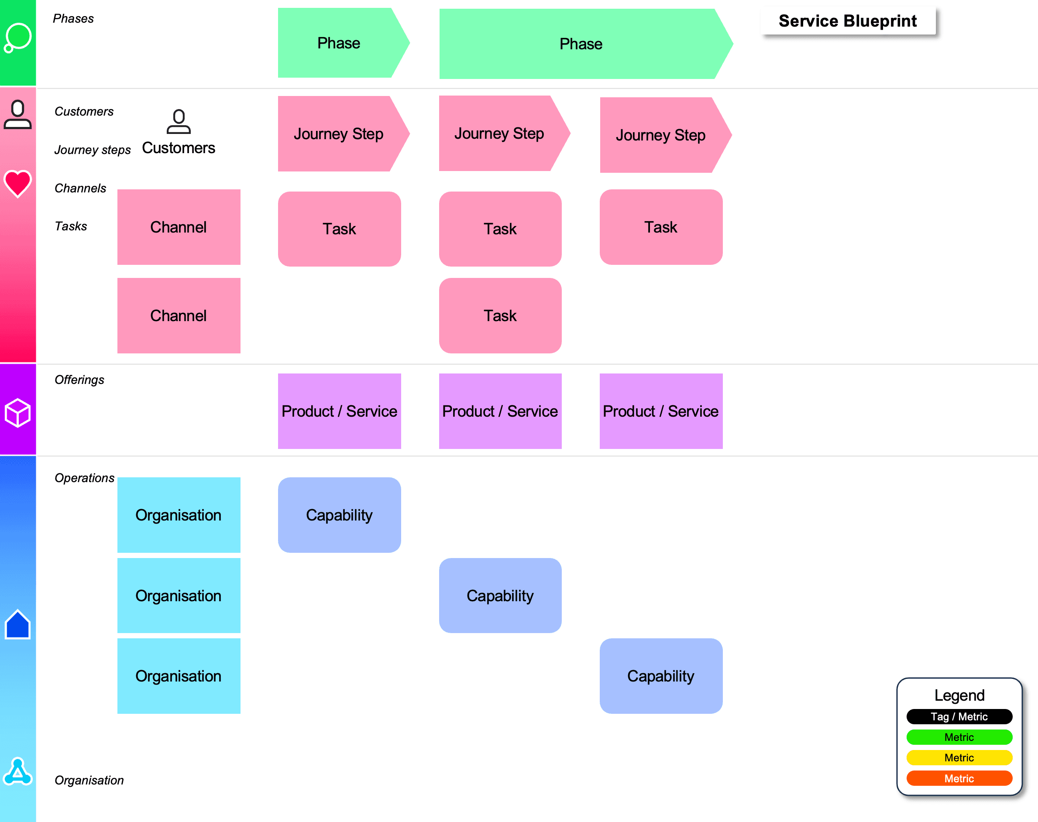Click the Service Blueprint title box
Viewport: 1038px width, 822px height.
pyautogui.click(x=848, y=21)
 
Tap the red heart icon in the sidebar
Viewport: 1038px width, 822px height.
pyautogui.click(x=18, y=183)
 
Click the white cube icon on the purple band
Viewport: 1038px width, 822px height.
pyautogui.click(x=18, y=412)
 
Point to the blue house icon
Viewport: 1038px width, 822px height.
pyautogui.click(x=18, y=624)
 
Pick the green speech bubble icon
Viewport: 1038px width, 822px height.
pyautogui.click(x=18, y=38)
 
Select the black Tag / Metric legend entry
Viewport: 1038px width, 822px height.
pyautogui.click(x=959, y=716)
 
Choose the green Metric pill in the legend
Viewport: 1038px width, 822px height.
pyautogui.click(x=959, y=737)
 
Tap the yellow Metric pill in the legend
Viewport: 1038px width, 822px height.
pyautogui.click(x=959, y=757)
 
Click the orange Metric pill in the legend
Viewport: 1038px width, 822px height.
pyautogui.click(x=959, y=778)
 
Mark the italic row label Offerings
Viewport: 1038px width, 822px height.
pyautogui.click(x=79, y=380)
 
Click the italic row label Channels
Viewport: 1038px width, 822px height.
pyautogui.click(x=80, y=188)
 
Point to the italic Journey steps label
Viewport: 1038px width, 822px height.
pyautogui.click(x=93, y=150)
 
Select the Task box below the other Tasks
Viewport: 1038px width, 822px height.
pyautogui.click(x=500, y=316)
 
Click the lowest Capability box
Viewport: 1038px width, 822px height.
pyautogui.click(x=661, y=676)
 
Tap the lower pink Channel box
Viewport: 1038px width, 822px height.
pyautogui.click(x=179, y=316)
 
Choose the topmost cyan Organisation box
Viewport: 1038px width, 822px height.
pyautogui.click(x=179, y=515)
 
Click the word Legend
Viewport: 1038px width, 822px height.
pyautogui.click(x=959, y=695)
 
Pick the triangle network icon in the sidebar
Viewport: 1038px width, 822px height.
pyautogui.click(x=18, y=771)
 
